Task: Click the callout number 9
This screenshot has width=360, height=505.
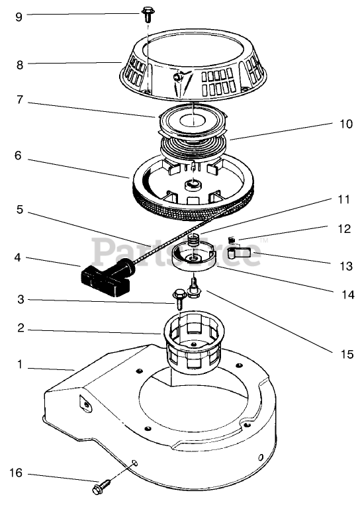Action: (19, 17)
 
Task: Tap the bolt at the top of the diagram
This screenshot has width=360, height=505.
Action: (148, 15)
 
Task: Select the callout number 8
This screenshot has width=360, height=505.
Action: (20, 65)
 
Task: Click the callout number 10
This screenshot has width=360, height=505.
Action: (347, 124)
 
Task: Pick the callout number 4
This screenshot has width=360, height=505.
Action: (18, 257)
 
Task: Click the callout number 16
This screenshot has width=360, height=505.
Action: (15, 473)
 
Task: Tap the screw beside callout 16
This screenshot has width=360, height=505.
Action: (101, 486)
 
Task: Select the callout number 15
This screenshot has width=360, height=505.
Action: (347, 354)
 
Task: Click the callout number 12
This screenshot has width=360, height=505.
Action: (345, 229)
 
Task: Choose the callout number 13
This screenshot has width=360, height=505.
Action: (347, 266)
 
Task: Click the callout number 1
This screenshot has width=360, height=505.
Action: (20, 364)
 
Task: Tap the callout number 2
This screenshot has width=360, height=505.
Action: (21, 328)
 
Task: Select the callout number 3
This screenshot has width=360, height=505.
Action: (21, 300)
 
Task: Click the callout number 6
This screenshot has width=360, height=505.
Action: (18, 156)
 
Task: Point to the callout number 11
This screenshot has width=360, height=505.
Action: (343, 200)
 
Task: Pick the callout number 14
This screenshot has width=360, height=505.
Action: (348, 295)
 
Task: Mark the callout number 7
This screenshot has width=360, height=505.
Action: (20, 99)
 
